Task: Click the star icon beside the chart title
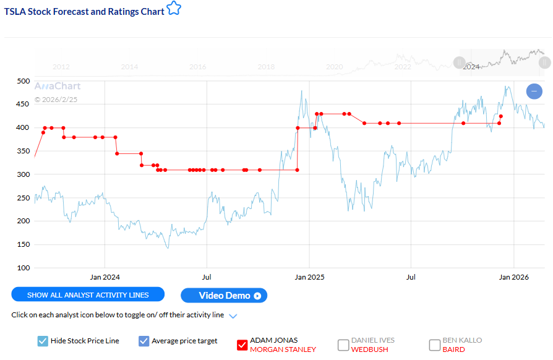pos(174,9)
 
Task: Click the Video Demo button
pos(224,296)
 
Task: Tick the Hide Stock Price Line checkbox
pos(43,341)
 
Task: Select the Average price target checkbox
pos(144,341)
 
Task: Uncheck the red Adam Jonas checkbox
pos(242,345)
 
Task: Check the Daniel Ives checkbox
pos(343,345)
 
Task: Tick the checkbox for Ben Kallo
pos(435,345)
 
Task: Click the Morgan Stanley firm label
pos(283,349)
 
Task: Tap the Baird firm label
pos(453,349)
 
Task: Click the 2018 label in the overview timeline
pos(266,67)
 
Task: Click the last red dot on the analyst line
pos(501,116)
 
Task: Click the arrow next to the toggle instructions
pos(233,316)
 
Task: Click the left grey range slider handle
pos(459,62)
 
